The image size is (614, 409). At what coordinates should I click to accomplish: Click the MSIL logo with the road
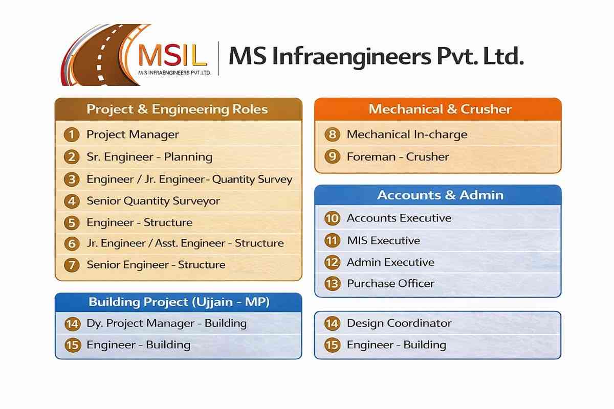click(x=136, y=55)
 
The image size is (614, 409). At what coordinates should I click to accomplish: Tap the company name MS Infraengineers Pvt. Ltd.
click(x=376, y=56)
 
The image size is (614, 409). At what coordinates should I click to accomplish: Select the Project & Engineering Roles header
click(x=177, y=109)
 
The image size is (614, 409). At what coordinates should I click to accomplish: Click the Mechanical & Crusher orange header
click(x=440, y=109)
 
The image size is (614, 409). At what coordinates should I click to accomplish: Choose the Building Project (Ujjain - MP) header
click(x=179, y=302)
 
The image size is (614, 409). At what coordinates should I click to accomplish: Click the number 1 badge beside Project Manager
click(x=72, y=135)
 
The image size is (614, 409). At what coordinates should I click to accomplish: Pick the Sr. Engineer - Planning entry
click(x=149, y=157)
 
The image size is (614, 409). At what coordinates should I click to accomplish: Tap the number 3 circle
click(x=72, y=179)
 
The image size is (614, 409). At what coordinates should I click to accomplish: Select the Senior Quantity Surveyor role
click(x=153, y=201)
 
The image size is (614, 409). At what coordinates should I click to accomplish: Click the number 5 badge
click(x=72, y=223)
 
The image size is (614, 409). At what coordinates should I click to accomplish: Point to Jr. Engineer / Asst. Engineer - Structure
click(x=185, y=243)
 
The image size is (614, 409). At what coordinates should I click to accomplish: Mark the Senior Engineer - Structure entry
click(x=156, y=265)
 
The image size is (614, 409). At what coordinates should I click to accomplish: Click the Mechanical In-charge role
click(x=407, y=134)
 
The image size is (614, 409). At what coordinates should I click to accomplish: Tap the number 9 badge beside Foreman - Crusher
click(x=333, y=156)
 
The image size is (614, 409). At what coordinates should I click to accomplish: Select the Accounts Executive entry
click(x=399, y=218)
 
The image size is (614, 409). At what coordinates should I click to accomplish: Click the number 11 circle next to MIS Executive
click(x=333, y=240)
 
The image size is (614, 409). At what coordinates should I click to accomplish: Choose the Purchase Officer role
click(x=390, y=283)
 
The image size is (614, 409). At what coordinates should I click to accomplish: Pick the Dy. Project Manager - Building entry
click(x=166, y=324)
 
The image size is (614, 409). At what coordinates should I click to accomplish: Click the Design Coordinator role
click(x=399, y=323)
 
